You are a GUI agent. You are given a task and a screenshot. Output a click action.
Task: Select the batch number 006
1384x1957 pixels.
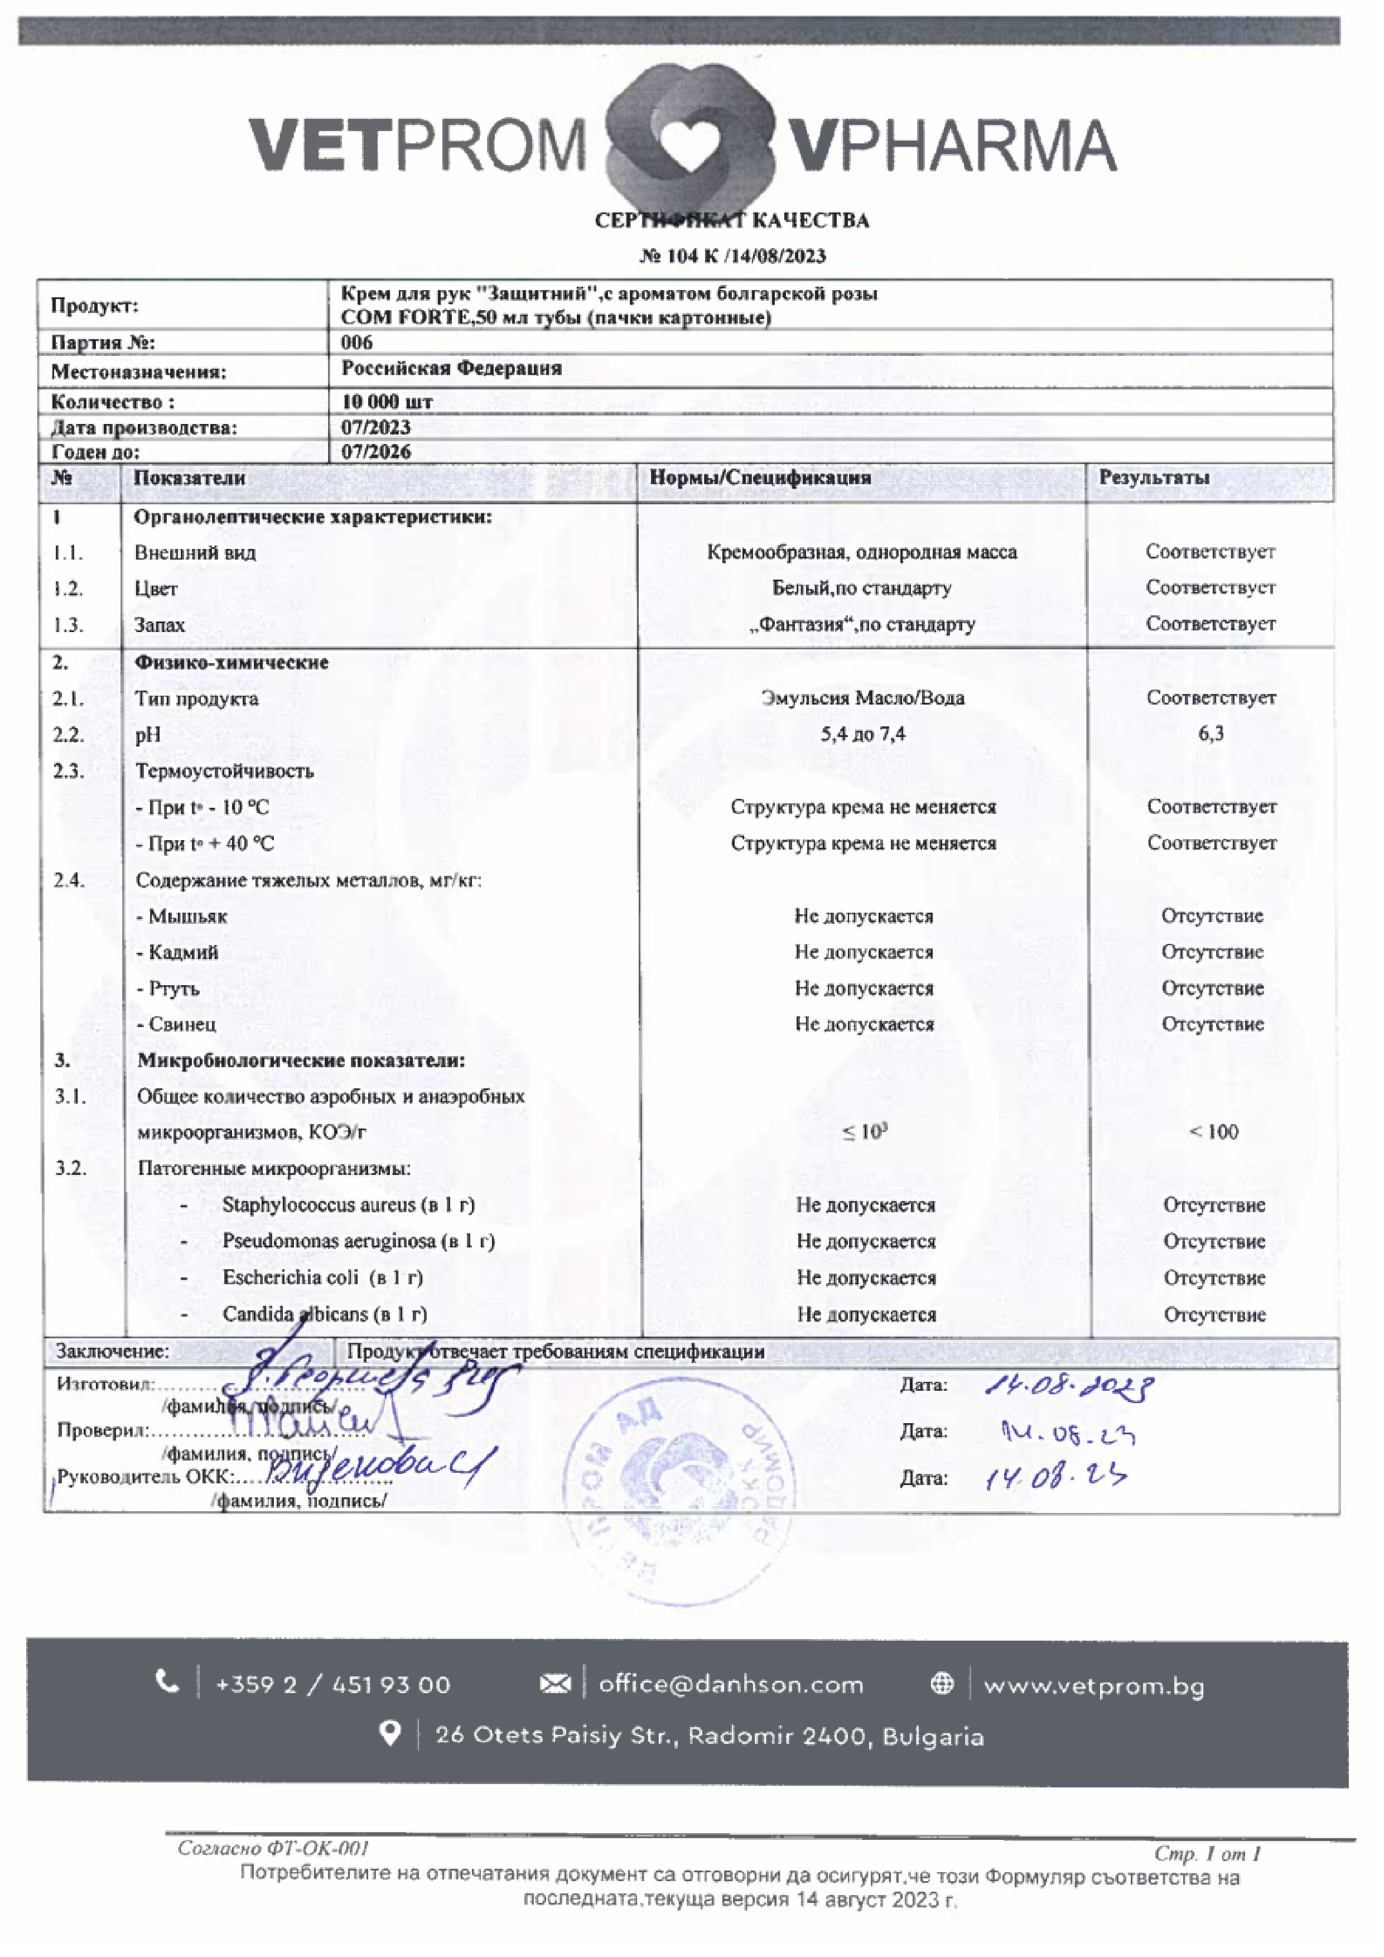(356, 343)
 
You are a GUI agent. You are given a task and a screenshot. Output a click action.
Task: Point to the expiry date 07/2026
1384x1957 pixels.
(376, 452)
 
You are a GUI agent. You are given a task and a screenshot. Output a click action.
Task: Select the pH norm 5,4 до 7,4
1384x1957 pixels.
(862, 734)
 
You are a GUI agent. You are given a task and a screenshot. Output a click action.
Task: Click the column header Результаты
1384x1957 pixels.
(1154, 478)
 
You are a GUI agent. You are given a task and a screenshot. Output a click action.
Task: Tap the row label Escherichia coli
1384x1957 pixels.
(322, 1278)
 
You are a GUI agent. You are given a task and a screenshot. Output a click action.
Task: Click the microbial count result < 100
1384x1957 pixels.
(1213, 1132)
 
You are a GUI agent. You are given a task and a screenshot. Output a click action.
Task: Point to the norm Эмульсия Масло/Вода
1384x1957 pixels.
(862, 698)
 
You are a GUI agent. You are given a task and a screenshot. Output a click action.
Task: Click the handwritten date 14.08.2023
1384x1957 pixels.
(1069, 1386)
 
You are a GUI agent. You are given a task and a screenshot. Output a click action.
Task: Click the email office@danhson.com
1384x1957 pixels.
(730, 1684)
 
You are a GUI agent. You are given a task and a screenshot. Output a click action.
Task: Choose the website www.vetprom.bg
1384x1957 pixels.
(1093, 1685)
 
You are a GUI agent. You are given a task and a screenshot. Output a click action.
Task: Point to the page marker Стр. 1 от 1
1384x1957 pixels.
(1207, 1854)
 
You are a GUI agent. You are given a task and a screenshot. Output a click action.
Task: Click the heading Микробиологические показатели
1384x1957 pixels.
(301, 1061)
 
